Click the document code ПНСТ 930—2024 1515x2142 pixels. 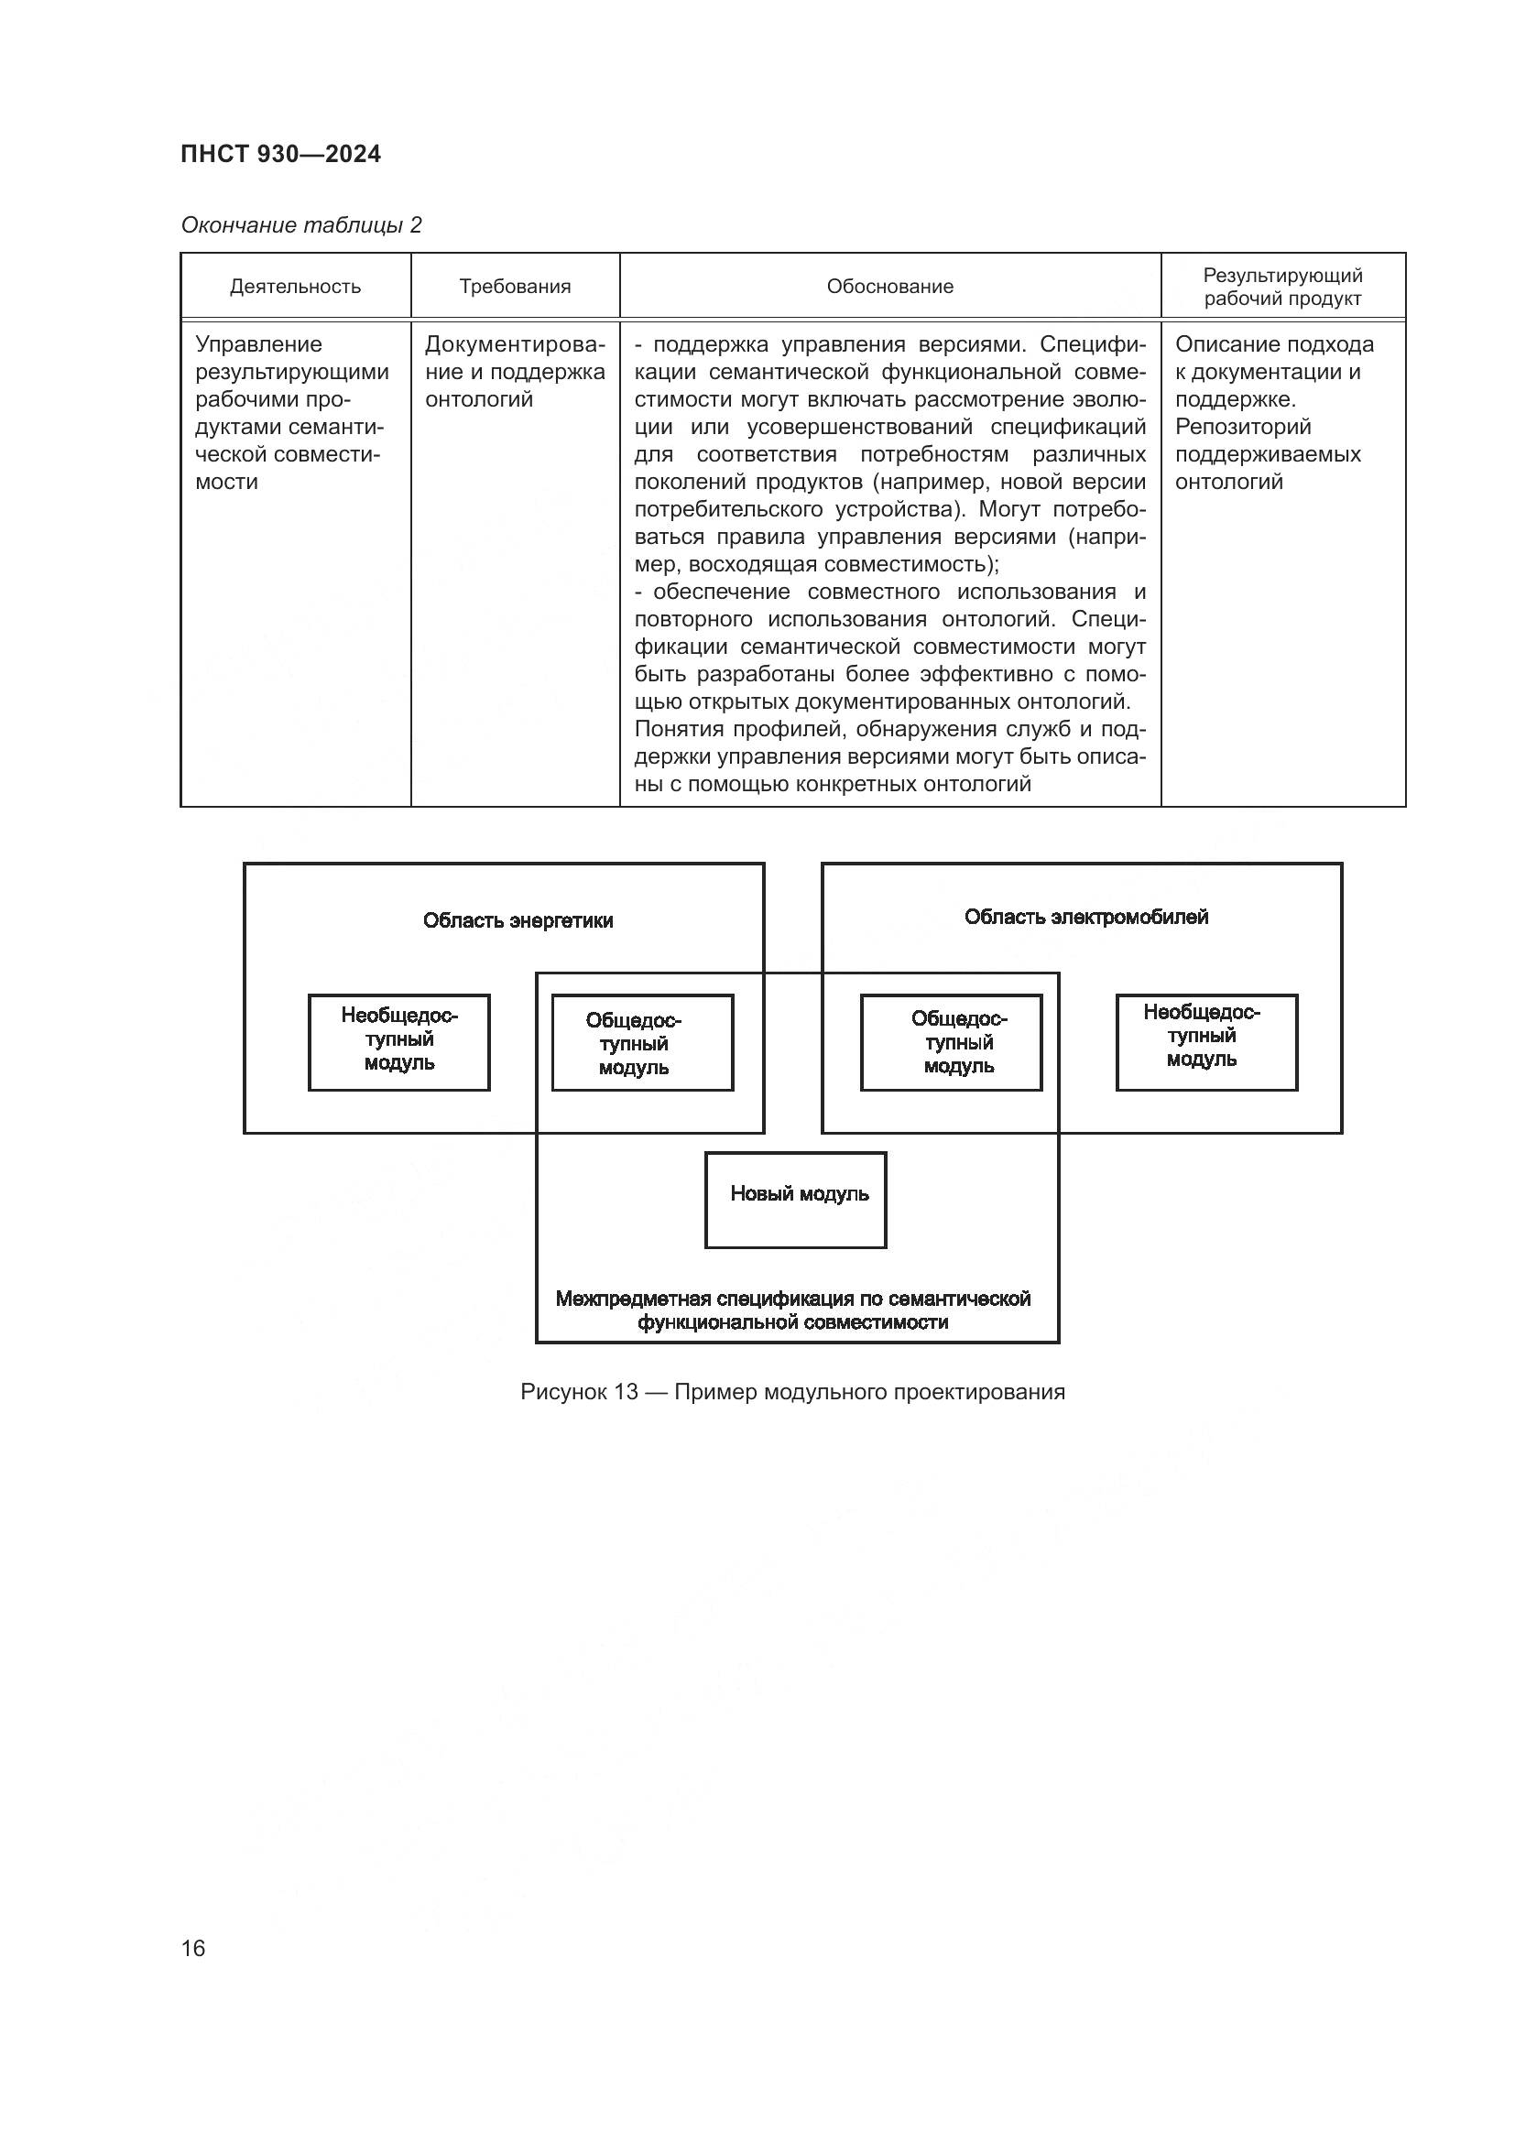pos(281,155)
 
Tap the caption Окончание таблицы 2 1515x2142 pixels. pos(301,225)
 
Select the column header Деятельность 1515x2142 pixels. pos(295,287)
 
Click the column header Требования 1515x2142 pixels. pos(515,287)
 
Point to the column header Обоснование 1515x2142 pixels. pos(890,287)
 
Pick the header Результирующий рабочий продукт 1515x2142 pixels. pos(1281,287)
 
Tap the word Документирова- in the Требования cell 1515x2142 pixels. pos(515,344)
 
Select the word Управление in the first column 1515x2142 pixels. pos(258,344)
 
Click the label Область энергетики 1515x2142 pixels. pos(518,920)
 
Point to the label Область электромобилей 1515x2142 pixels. pos(1086,917)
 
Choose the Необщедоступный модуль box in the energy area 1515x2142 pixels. pos(399,1041)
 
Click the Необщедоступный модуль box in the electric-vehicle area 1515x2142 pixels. pos(1206,1041)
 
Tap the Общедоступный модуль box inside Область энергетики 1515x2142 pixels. pos(642,1042)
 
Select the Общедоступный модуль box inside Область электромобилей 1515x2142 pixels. pos(951,1042)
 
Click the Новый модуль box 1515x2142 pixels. pos(795,1199)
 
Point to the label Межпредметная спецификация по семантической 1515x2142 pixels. pos(793,1299)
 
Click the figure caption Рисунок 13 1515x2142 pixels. pos(578,1392)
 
